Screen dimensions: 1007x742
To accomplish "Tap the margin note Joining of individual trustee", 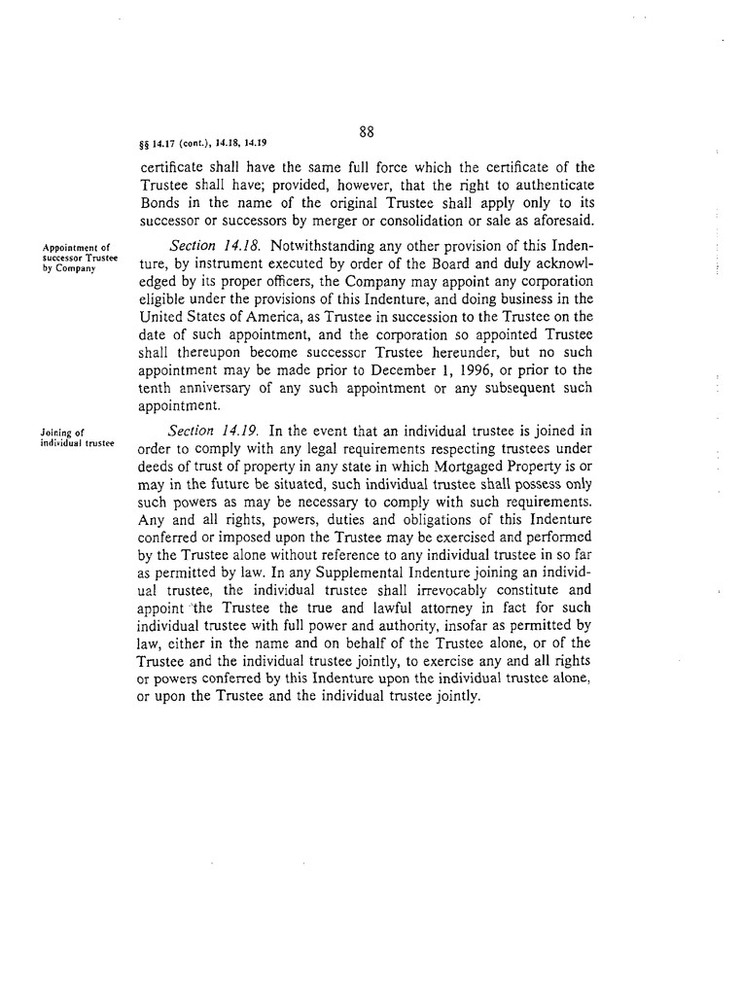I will pyautogui.click(x=78, y=438).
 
